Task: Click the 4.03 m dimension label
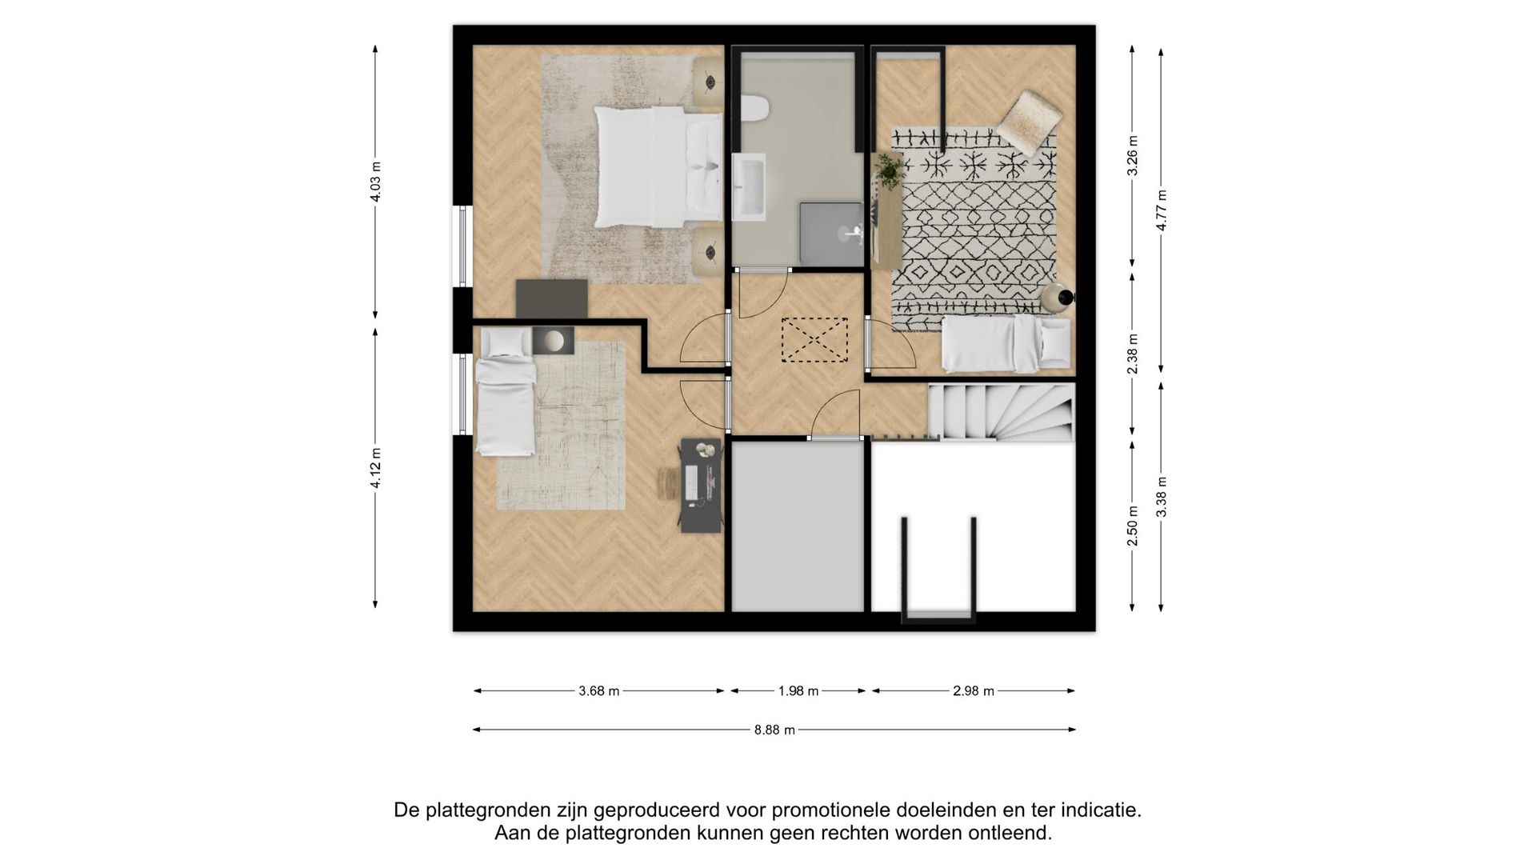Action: (x=376, y=182)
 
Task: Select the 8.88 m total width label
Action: (x=774, y=730)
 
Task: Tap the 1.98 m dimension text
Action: (x=798, y=691)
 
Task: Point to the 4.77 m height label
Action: (x=1161, y=210)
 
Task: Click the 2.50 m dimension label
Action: (x=1132, y=526)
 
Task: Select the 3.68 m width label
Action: (x=598, y=691)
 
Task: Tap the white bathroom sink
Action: (x=749, y=187)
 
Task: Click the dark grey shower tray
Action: (x=832, y=233)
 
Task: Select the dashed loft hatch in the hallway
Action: (x=814, y=340)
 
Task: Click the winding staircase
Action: (x=1000, y=412)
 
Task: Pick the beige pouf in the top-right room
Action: (x=1028, y=122)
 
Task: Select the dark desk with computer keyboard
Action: (x=701, y=485)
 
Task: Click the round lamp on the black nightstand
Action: (x=552, y=341)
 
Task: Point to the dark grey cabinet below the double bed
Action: (x=552, y=298)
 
